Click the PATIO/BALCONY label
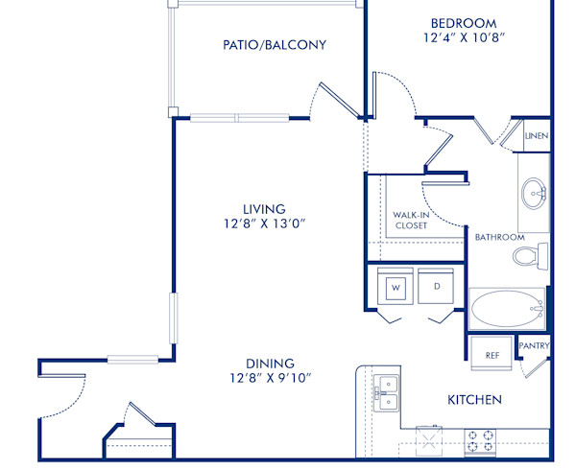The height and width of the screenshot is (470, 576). click(274, 45)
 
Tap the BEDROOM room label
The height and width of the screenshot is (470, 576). click(463, 23)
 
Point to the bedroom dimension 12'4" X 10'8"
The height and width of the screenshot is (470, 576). click(463, 38)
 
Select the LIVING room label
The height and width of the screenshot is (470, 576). click(263, 209)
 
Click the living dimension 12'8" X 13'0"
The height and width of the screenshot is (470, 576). click(263, 224)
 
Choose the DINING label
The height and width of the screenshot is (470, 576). click(270, 363)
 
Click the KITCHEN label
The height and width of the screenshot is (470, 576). click(474, 399)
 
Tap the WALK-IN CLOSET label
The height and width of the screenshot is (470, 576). click(411, 221)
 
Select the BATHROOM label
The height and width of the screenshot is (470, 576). click(499, 237)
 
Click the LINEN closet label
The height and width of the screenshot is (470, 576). click(536, 136)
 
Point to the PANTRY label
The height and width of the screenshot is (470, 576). click(533, 346)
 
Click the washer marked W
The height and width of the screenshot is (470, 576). click(396, 286)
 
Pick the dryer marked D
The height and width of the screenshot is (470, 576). click(436, 286)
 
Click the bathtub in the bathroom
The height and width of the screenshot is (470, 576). click(505, 310)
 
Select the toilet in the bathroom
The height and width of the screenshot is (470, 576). click(527, 256)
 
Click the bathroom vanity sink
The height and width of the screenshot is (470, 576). click(534, 194)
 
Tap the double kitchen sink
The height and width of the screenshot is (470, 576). click(386, 391)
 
